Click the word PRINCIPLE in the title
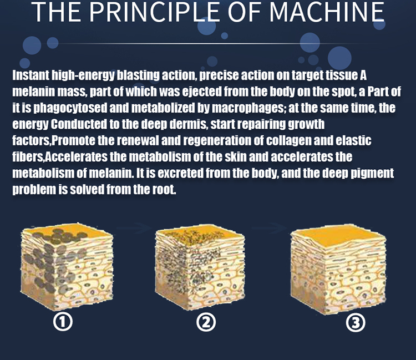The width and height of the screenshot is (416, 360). pos(154,12)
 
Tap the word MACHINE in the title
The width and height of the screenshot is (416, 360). pos(327,12)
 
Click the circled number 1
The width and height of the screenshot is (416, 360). pos(63,322)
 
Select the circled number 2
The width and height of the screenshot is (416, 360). pos(206,322)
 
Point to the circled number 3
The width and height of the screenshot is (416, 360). pos(356,322)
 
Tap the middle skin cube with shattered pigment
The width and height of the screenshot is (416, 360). pos(200,268)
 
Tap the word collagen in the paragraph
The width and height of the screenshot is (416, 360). pos(288,140)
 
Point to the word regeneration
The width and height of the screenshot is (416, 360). pos(217,140)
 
